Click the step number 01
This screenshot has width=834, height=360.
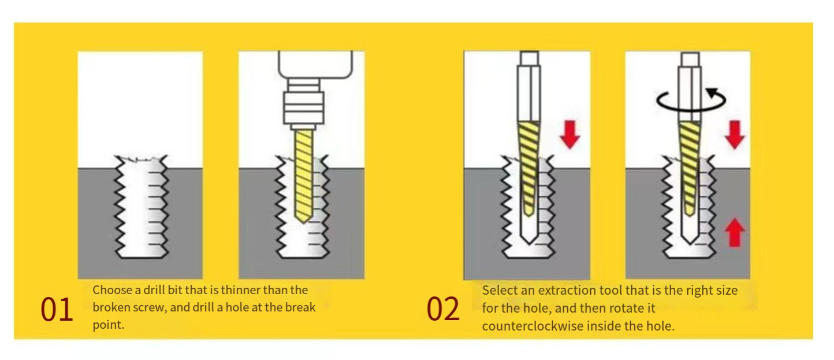point(57,309)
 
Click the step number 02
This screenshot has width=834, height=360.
point(443,309)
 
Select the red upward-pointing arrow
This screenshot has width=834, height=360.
point(735,233)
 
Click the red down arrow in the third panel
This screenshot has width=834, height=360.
point(569,135)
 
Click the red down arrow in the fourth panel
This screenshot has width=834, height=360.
point(735,135)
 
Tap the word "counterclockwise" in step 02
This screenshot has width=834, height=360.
point(533,326)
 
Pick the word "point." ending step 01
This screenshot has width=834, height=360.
point(109,325)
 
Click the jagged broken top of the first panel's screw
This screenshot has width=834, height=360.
point(141,159)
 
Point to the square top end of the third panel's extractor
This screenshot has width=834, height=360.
point(530,58)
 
